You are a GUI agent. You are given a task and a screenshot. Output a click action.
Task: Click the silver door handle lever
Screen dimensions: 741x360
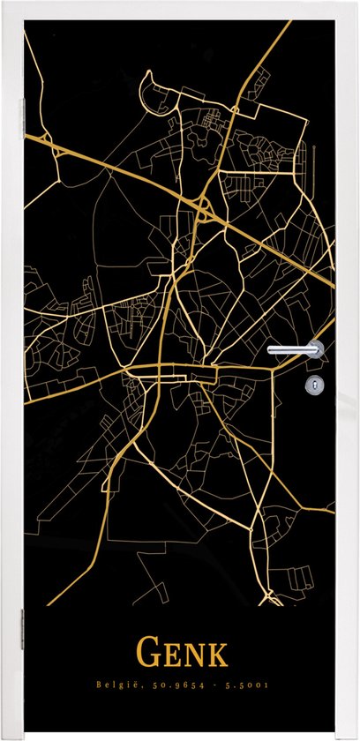coord(296,349)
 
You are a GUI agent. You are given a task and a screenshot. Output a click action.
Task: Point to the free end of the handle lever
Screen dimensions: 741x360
coord(272,350)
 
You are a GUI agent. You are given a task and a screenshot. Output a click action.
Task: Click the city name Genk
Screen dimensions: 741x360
coord(181,655)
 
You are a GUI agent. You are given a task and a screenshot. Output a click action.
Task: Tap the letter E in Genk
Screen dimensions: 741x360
coord(169,657)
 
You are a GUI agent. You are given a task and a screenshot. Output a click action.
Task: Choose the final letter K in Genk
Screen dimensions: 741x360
coord(215,657)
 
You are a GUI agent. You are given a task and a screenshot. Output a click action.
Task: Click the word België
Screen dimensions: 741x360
coord(116,685)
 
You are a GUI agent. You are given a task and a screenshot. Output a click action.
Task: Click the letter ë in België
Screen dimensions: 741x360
coord(130,685)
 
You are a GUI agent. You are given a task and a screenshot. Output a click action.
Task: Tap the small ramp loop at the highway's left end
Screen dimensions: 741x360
coord(60,151)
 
